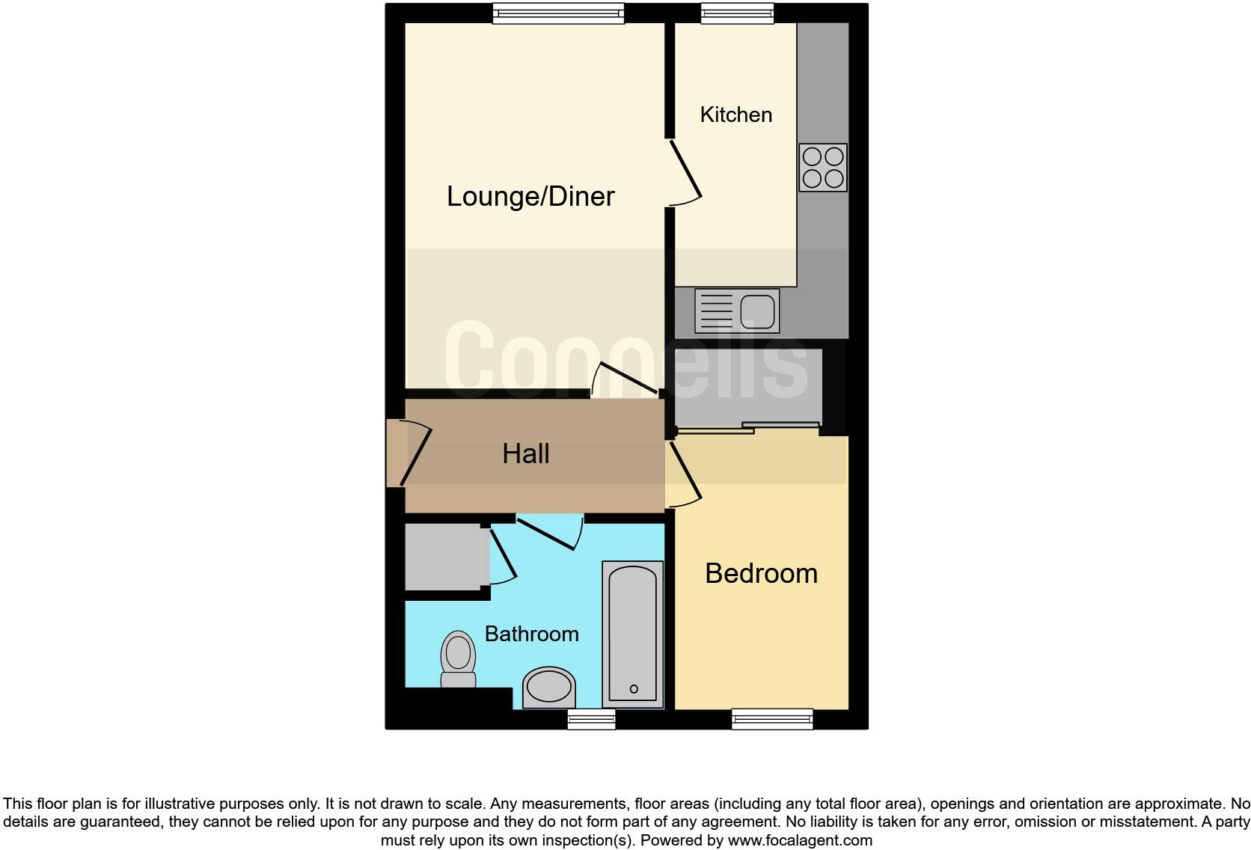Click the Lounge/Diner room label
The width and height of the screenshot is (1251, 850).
coord(530,196)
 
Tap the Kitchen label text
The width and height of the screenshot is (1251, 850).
coord(735,114)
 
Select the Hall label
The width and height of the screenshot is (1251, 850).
coord(525,453)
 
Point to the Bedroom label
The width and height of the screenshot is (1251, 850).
coord(761,573)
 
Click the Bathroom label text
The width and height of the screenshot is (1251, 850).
coord(531,634)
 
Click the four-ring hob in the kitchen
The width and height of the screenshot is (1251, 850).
coord(822,168)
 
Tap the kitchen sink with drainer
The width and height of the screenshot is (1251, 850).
coord(737,311)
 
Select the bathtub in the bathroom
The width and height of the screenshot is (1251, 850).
coord(633,634)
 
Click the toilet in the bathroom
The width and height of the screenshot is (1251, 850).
coord(458,658)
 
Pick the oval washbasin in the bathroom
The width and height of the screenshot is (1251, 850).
coord(548,687)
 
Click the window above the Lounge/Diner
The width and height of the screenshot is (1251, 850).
coord(558,13)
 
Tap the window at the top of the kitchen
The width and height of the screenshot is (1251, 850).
coord(737,13)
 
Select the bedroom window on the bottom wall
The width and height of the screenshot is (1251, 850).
coord(771,719)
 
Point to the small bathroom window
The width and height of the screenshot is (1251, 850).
coord(591,720)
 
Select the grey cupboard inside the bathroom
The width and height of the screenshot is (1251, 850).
coord(443,557)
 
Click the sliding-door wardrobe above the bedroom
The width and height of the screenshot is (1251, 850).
coord(748,388)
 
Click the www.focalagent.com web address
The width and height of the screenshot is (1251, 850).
coord(800,840)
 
